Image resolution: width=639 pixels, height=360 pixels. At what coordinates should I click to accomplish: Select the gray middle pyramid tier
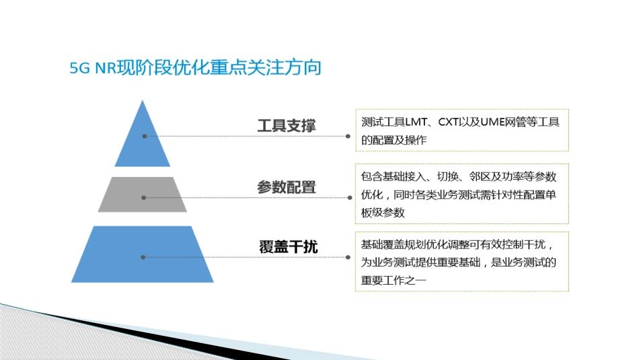point(143,194)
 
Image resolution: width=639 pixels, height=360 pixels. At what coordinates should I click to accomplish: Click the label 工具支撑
point(286,126)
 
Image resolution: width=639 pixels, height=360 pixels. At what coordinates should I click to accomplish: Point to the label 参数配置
point(286,188)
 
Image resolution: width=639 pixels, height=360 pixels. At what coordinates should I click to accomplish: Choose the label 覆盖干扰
point(288,247)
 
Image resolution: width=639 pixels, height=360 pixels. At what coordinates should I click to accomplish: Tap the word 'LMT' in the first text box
point(417,122)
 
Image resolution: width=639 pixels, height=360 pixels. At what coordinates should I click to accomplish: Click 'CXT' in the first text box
point(451,122)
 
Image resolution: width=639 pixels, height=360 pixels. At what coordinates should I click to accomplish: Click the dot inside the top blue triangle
point(144,136)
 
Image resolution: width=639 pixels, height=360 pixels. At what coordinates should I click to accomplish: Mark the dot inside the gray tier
point(143,197)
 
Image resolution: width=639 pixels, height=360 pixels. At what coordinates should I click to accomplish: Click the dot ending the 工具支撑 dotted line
point(348,136)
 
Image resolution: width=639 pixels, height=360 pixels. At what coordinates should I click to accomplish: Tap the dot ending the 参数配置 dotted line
point(350,197)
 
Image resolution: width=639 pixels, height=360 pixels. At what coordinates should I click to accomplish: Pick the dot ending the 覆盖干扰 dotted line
point(348,257)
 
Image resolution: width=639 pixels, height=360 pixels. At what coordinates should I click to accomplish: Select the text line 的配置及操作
point(393,139)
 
